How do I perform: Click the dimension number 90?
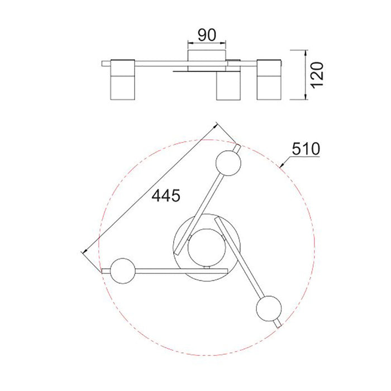coord(207,35)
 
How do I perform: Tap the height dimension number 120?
coord(317,75)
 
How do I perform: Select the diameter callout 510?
coord(306,149)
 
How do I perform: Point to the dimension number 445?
coord(166,195)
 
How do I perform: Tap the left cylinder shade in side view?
coord(123,79)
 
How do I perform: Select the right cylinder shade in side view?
coord(269,79)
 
